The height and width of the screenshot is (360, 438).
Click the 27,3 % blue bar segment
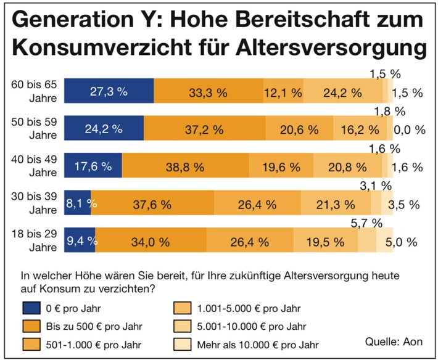point(109,92)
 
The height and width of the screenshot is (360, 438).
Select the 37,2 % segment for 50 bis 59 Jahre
point(205,129)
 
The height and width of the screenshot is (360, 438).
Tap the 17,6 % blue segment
point(93,166)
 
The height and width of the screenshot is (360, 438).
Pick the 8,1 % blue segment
point(78,203)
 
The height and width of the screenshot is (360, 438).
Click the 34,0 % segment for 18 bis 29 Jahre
point(151,240)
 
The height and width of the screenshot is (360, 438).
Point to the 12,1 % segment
point(283,92)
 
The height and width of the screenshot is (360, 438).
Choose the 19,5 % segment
point(325,240)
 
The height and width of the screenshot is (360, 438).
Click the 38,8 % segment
point(186,166)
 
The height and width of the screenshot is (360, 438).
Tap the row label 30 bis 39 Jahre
point(38,203)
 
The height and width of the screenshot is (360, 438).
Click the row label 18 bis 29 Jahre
point(38,240)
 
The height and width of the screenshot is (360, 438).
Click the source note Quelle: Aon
point(394,341)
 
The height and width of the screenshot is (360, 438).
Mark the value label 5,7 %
point(368,223)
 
